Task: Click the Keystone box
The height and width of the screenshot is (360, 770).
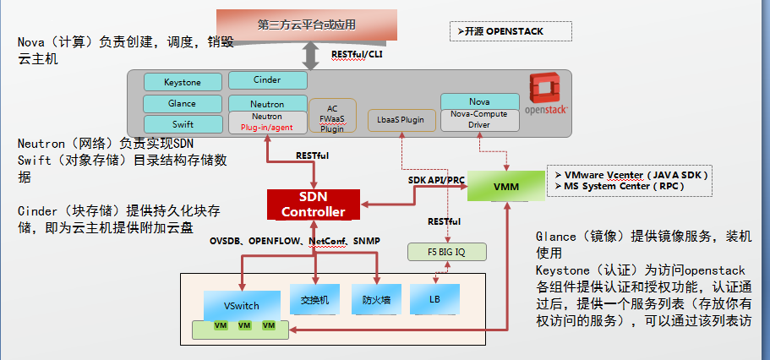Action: point(183,82)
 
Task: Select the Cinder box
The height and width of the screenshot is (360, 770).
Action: point(268,80)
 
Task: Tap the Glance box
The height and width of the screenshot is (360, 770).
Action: point(183,104)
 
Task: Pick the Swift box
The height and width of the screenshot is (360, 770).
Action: point(183,124)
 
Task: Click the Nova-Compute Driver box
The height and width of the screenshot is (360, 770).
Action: point(480,120)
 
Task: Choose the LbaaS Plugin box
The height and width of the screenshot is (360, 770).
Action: point(402,120)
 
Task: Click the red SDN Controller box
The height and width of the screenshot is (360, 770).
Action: point(314,205)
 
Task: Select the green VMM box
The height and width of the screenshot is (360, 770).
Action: point(505,186)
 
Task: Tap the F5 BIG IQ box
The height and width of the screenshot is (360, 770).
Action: point(447,252)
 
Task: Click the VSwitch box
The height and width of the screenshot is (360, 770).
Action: point(242,306)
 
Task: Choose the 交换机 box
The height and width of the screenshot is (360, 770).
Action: point(314,299)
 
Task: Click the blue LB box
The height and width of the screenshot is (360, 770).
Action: point(435,299)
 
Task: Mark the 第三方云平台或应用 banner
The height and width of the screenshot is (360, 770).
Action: point(307,25)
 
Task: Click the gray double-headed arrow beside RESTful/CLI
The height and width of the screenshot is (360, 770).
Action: point(310,56)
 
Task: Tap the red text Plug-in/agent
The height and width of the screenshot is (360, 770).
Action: point(266,128)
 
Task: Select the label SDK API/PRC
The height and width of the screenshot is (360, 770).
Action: point(436,180)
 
